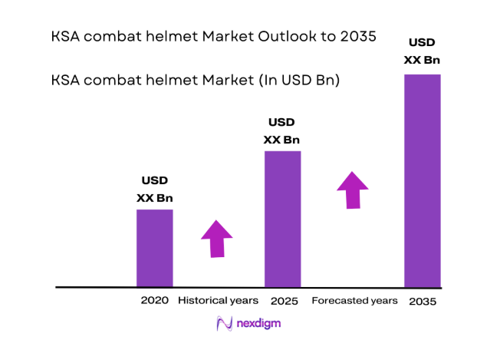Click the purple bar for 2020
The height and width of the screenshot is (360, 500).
tap(154, 248)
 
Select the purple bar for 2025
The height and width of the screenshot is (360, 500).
tap(282, 219)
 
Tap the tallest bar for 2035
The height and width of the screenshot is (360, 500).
tap(423, 180)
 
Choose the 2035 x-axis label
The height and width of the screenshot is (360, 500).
tap(423, 301)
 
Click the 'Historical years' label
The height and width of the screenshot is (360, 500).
tap(218, 300)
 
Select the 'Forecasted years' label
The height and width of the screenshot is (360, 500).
tap(354, 300)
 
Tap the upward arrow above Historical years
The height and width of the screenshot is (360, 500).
tap(217, 238)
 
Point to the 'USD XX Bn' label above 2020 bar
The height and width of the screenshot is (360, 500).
tap(154, 190)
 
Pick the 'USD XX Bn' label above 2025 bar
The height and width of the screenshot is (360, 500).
tap(281, 131)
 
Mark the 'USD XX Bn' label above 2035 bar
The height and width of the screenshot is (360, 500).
tap(423, 50)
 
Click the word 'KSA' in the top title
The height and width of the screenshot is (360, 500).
tap(66, 37)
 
